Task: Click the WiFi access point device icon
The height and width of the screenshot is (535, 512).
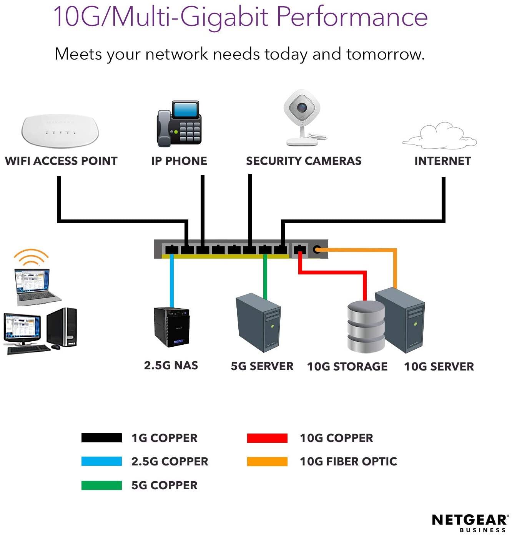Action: coord(60,130)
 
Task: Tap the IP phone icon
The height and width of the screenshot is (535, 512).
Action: coord(179,124)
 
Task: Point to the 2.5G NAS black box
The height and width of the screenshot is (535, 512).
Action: coord(171,327)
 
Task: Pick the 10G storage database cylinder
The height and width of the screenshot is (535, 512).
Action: coord(366,326)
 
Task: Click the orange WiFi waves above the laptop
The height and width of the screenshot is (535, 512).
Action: coord(31,257)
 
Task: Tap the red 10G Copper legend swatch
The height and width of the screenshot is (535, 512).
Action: coord(267,438)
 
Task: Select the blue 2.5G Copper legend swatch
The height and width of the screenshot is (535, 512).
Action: coord(101,461)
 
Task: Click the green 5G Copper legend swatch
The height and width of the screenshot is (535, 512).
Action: coord(101,485)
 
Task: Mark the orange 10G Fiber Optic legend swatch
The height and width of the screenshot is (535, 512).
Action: coord(267,461)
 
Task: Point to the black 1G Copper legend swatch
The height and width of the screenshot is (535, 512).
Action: coord(101,438)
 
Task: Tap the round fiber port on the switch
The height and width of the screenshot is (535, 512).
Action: coord(317,249)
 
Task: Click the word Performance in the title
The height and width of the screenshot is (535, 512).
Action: coord(352,17)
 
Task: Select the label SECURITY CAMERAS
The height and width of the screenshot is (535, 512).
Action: coord(304,161)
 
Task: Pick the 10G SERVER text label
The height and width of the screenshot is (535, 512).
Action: coord(439,366)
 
